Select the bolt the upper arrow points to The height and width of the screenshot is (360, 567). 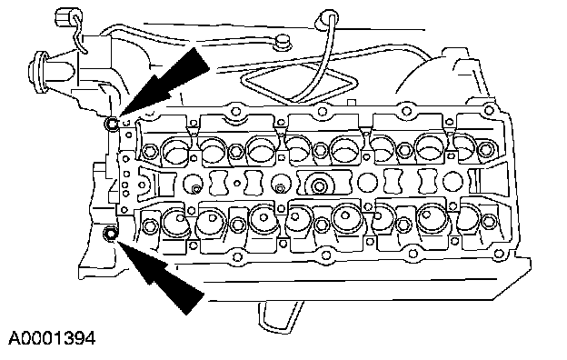112,125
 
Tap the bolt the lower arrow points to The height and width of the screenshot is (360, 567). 110,233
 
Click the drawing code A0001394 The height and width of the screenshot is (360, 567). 52,339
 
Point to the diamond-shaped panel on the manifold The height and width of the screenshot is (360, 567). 296,83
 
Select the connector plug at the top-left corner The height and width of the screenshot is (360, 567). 65,16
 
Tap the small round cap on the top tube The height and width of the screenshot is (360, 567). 283,41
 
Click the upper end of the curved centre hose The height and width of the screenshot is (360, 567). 328,17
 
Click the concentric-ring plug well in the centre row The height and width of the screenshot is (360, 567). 319,185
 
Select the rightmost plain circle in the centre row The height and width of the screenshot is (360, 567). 453,181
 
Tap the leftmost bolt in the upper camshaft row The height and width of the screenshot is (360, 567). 149,151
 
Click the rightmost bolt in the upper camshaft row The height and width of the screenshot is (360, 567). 485,148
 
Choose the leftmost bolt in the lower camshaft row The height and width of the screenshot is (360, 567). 149,226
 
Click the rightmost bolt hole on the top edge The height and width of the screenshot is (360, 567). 489,108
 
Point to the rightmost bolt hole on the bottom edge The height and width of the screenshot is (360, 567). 498,254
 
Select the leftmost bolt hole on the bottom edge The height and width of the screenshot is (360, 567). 237,257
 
